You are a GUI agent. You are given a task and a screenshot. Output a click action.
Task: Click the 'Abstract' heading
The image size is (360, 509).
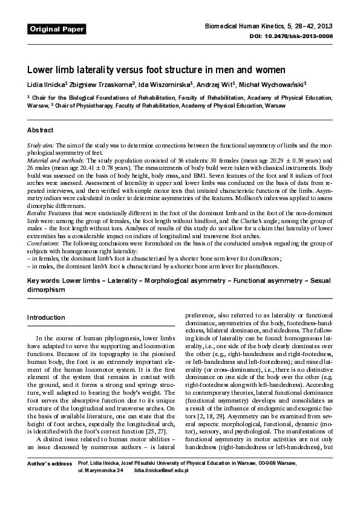pos(41,131)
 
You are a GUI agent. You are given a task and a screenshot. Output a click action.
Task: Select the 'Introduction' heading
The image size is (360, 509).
pos(46,317)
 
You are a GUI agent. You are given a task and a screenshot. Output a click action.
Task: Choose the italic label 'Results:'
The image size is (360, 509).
pos(36,214)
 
